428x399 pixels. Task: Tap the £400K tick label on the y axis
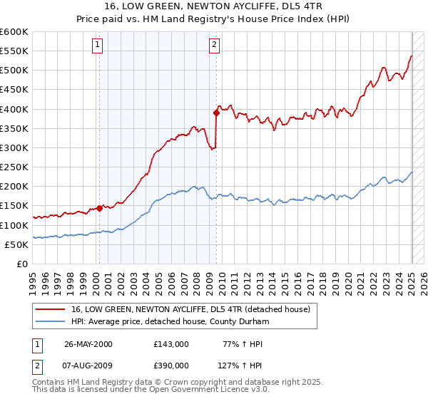14,109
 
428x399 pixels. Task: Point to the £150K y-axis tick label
14,206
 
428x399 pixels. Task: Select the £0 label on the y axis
21,264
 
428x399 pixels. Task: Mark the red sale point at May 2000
99,208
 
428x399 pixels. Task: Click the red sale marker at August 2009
215,113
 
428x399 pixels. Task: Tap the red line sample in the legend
51,310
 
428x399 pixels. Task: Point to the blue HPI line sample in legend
51,322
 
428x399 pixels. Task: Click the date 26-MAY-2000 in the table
88,343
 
